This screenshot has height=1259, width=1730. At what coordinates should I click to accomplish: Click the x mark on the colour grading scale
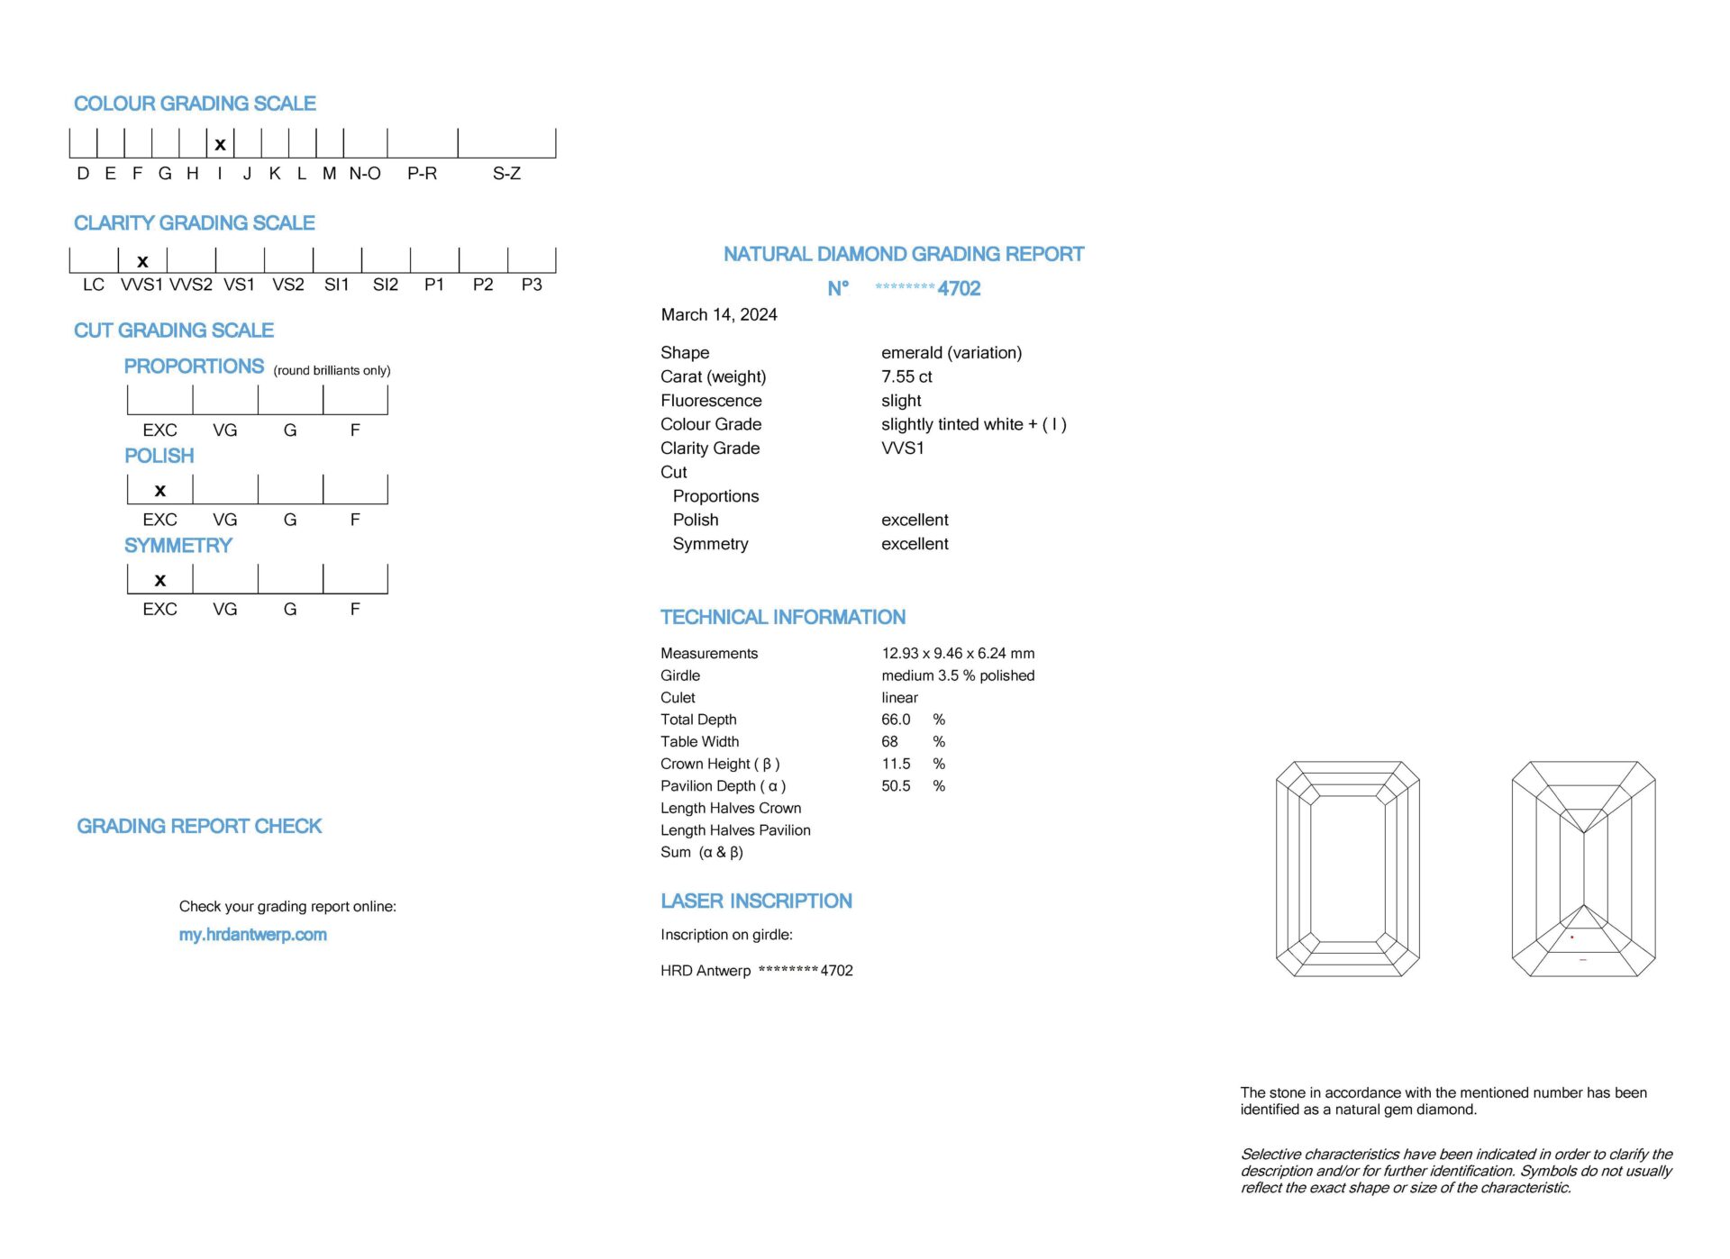pos(220,144)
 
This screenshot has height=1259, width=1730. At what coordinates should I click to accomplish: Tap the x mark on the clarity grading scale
pos(142,262)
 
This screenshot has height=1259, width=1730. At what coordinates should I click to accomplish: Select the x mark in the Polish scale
pos(160,491)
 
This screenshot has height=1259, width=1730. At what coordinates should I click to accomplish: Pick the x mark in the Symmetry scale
pos(160,581)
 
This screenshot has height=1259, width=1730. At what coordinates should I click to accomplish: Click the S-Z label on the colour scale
pos(506,174)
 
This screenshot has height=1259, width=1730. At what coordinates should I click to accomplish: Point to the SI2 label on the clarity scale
pos(386,285)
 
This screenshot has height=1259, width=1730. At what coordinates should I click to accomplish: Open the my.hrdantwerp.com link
pos(252,935)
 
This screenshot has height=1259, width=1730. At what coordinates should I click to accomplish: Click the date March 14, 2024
pos(719,314)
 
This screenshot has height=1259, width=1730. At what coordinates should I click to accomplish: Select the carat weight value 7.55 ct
pos(906,376)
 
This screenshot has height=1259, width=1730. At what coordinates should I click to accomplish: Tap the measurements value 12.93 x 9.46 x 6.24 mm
pos(958,653)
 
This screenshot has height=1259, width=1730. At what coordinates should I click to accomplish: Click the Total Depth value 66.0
pos(896,720)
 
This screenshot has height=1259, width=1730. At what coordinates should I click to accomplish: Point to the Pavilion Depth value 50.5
pos(896,786)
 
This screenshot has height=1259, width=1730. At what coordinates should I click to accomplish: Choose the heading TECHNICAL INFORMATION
pos(783,617)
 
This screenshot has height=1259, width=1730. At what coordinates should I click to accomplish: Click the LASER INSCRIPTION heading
pos(756,901)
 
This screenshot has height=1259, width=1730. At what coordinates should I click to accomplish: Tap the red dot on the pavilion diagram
pos(1572,937)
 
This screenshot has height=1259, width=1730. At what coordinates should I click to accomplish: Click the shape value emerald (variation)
pos(951,353)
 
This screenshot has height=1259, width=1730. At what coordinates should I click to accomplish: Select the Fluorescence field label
pos(711,401)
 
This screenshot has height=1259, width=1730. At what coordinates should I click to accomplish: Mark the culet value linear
pos(899,698)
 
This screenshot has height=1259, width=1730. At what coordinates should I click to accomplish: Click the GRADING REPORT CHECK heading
pos(199,826)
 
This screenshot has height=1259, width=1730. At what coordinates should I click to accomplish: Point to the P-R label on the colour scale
pos(422,174)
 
